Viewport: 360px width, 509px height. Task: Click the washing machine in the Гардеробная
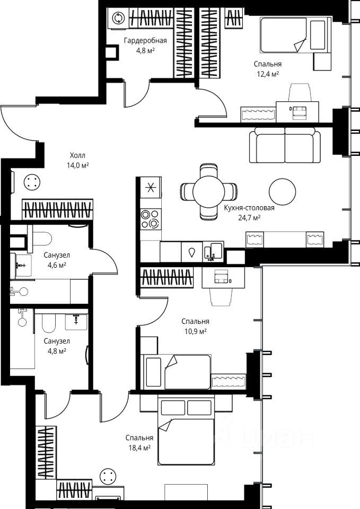click(118, 19)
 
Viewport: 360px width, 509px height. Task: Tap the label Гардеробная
click(145, 41)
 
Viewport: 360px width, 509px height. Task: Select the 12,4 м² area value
click(268, 74)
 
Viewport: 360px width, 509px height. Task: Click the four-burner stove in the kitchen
click(151, 219)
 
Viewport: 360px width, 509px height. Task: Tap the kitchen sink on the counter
click(213, 251)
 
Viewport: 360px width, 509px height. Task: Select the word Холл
click(77, 155)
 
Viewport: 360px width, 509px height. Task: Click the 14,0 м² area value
click(78, 165)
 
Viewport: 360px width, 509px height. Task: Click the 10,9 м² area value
click(196, 331)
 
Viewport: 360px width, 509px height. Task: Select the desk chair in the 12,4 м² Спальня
click(300, 92)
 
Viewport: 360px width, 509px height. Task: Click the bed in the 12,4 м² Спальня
click(295, 35)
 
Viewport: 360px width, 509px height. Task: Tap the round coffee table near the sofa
click(283, 191)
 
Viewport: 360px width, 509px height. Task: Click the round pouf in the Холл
click(32, 182)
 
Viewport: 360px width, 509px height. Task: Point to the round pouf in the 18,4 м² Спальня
click(108, 477)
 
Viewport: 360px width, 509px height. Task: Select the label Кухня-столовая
click(249, 208)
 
